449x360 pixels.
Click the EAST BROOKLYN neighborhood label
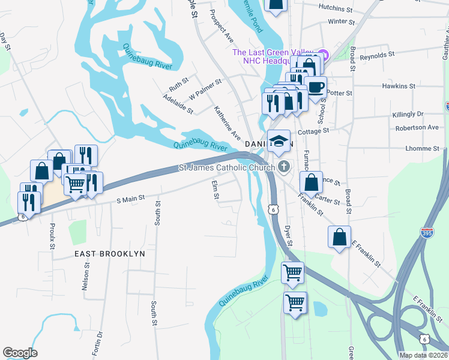coord(110,254)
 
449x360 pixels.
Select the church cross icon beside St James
coord(283,167)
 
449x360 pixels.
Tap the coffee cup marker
coord(316,87)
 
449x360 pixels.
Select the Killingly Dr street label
coord(406,113)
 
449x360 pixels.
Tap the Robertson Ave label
coord(417,128)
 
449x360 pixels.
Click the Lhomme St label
coord(421,148)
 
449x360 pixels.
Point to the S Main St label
coord(131,197)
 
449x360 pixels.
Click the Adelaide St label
coord(179,103)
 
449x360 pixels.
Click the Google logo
coord(20,353)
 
